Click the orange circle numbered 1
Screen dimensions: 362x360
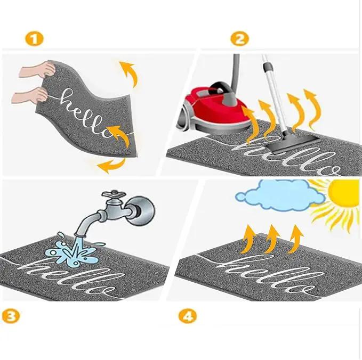pos(35,39)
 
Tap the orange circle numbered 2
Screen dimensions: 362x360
pos(239,38)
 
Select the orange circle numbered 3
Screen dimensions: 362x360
pos(10,316)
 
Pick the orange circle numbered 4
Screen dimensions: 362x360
pos(188,316)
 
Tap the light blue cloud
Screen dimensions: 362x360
pos(280,196)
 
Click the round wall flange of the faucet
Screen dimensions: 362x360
pos(141,211)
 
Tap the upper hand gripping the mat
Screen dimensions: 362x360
pos(37,69)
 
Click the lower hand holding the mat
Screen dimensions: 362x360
pos(30,95)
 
